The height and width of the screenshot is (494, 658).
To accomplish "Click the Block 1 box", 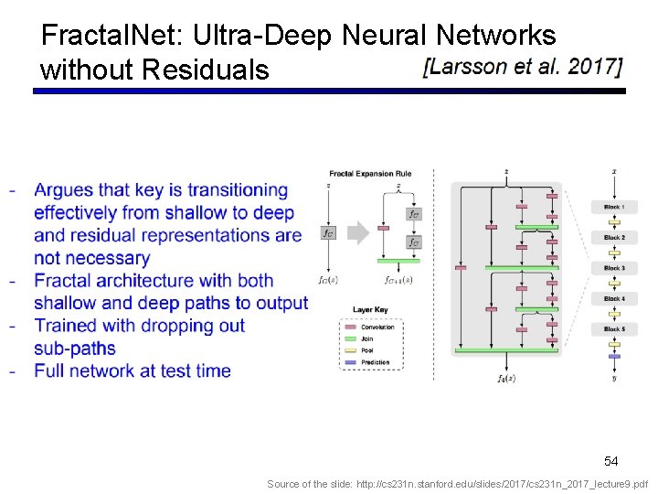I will coord(613,207).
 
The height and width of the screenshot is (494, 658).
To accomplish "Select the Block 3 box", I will coord(613,268).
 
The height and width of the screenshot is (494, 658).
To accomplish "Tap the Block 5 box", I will coord(613,328).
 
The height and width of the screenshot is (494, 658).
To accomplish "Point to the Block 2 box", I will coord(613,237).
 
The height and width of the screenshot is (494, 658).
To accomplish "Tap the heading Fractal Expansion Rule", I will coord(370,173).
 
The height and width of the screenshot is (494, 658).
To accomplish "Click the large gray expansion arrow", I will coord(359,232).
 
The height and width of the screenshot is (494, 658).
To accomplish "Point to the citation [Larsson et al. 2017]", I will coord(523,67).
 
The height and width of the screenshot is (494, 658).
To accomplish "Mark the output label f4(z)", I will coord(505,378).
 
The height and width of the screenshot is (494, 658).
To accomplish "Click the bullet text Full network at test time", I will coord(132,370).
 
